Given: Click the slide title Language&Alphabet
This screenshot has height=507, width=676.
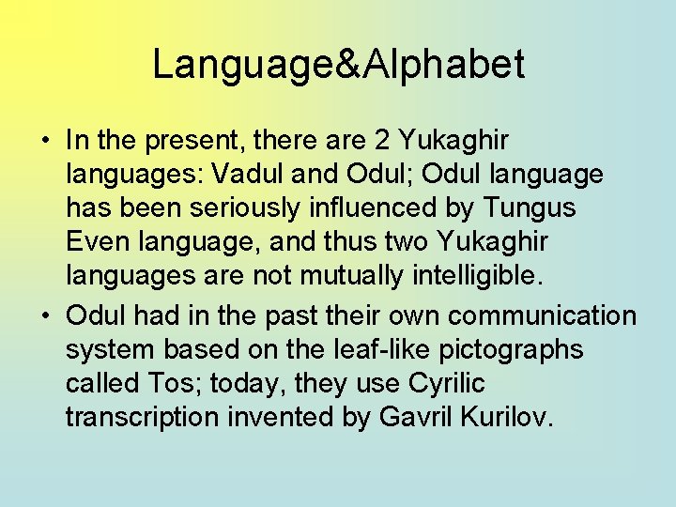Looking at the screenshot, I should [338, 65].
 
